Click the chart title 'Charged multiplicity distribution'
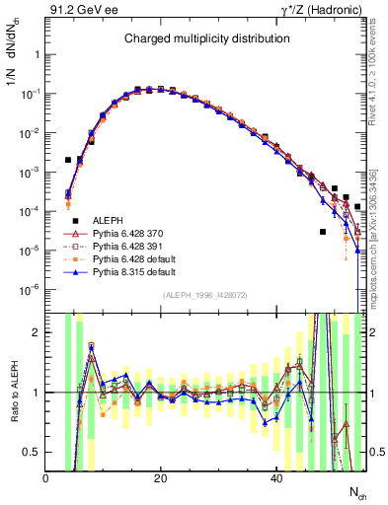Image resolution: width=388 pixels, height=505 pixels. [x=206, y=38]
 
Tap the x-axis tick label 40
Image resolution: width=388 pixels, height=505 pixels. [x=275, y=478]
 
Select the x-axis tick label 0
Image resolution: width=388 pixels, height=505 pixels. [x=46, y=478]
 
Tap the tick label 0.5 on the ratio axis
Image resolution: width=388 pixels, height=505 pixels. [x=33, y=452]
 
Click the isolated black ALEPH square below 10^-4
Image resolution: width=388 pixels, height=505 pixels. [x=323, y=232]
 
